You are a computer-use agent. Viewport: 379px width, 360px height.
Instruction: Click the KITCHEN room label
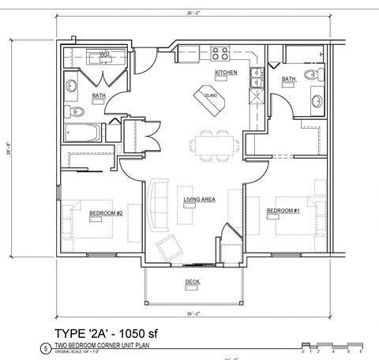click(226, 73)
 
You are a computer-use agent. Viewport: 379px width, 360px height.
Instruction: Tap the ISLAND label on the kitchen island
click(211, 96)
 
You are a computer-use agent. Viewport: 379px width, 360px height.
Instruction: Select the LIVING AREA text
click(199, 199)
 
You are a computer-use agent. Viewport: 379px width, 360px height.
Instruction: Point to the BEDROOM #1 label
click(282, 211)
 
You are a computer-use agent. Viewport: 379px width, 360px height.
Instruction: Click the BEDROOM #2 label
click(105, 213)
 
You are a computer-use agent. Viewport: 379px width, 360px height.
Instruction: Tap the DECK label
click(192, 282)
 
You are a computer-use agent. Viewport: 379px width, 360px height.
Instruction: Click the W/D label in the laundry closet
click(103, 54)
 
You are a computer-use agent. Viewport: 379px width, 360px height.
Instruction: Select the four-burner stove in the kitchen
click(219, 54)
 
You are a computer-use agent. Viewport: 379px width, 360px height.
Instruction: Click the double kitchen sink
click(257, 77)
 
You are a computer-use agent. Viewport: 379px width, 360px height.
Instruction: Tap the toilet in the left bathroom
click(69, 110)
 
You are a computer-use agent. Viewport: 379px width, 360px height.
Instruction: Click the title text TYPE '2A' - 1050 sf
click(129, 332)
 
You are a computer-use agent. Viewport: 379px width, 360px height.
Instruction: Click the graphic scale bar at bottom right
click(331, 345)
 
